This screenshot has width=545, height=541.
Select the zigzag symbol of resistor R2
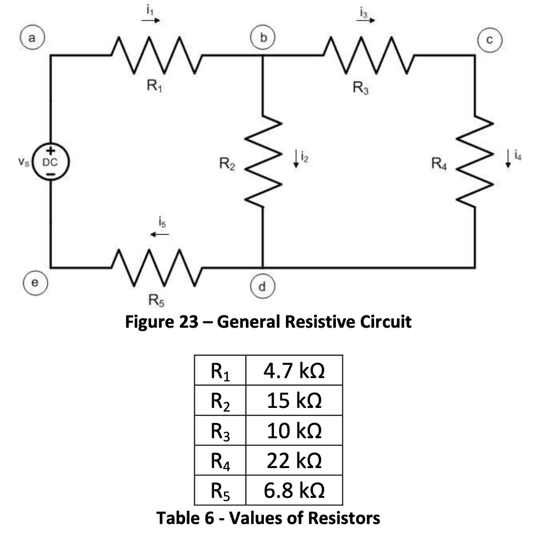(x=263, y=161)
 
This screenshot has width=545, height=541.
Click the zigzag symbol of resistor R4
(x=475, y=161)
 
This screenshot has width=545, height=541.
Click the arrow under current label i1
(x=150, y=22)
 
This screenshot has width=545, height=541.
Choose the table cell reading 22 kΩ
(x=293, y=461)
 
